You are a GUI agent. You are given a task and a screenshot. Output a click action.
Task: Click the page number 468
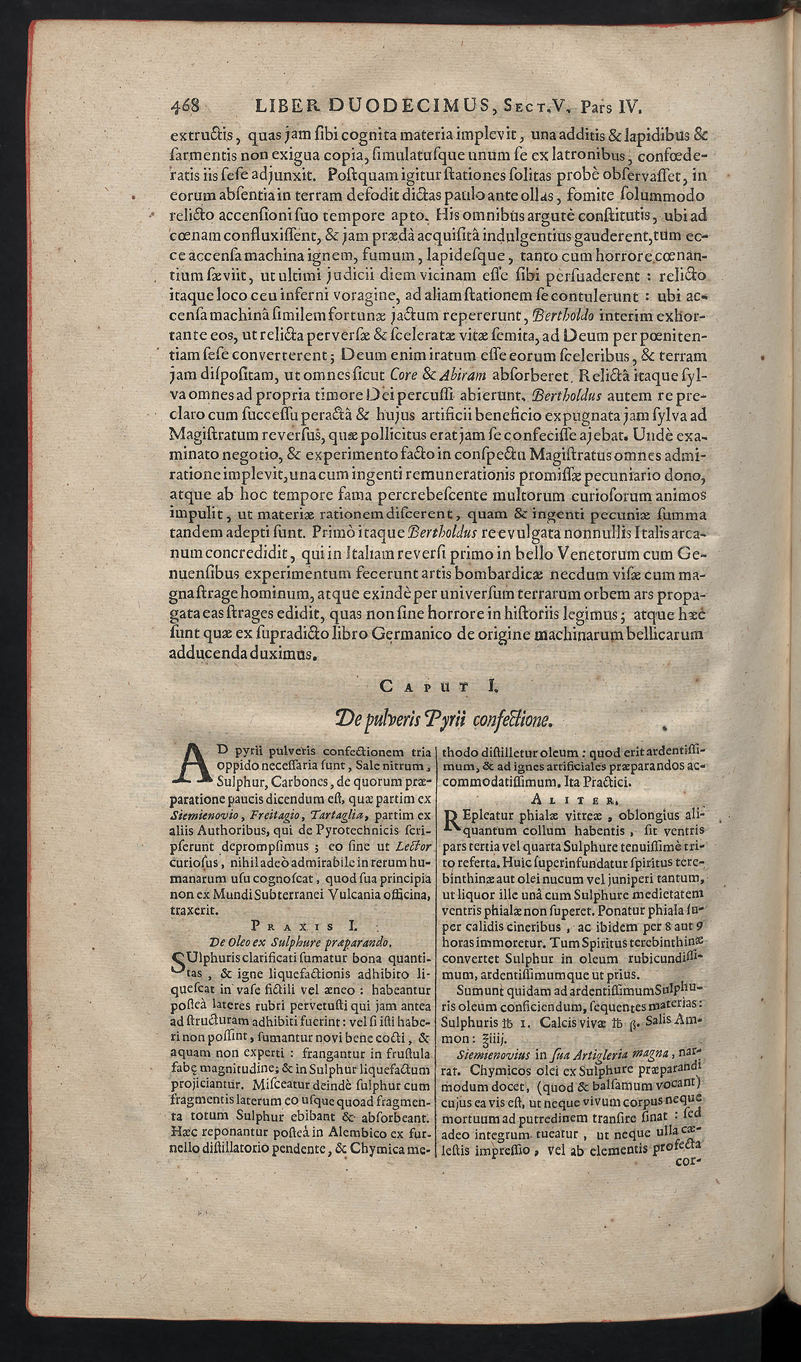point(185,107)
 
